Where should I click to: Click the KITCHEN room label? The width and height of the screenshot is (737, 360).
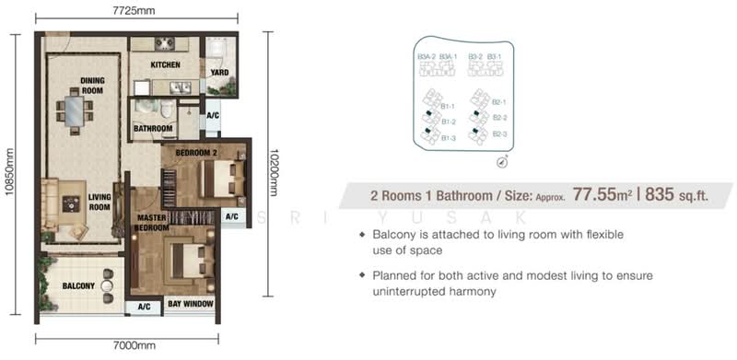coord(165,64)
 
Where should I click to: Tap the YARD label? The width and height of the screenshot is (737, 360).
coord(219,72)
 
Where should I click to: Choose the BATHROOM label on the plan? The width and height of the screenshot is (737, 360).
coord(153,129)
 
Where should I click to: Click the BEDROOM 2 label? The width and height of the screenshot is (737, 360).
coord(195,151)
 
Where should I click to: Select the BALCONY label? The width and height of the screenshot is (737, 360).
coord(79,286)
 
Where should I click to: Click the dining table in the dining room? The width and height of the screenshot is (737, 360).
coord(74,111)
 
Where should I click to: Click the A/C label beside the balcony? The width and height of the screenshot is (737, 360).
coord(144,306)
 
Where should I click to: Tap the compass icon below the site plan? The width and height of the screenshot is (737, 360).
coord(502,162)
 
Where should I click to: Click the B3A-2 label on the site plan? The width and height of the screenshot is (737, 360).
coord(426,57)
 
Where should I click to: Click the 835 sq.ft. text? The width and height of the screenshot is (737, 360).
coord(677,194)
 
